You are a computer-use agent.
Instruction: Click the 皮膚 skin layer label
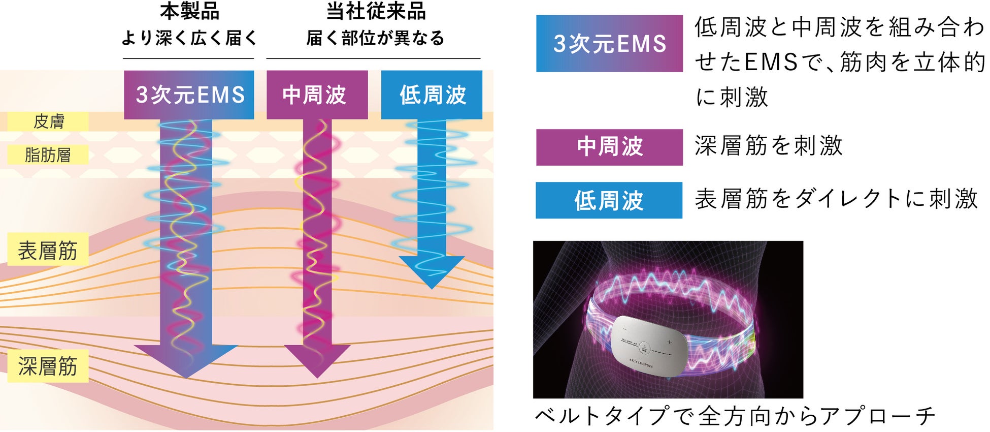48,121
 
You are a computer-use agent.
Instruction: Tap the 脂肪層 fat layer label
48,155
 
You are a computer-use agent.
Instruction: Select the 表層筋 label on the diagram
48,250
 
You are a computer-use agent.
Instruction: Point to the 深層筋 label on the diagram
48,366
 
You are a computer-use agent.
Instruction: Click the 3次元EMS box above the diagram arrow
189,95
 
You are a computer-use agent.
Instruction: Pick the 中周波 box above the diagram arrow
317,95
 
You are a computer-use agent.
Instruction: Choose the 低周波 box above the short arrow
432,95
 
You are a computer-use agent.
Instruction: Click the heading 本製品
189,11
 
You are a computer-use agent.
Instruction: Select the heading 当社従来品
376,11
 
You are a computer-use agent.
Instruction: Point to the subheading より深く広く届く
189,38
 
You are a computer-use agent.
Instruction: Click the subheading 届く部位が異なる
375,38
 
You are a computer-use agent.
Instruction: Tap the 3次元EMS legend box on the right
609,44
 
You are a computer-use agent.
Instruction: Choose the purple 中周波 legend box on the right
609,147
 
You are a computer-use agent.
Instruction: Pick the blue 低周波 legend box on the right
609,200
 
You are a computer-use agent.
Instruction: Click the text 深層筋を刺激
769,146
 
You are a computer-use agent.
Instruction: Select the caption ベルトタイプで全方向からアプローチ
735,416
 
